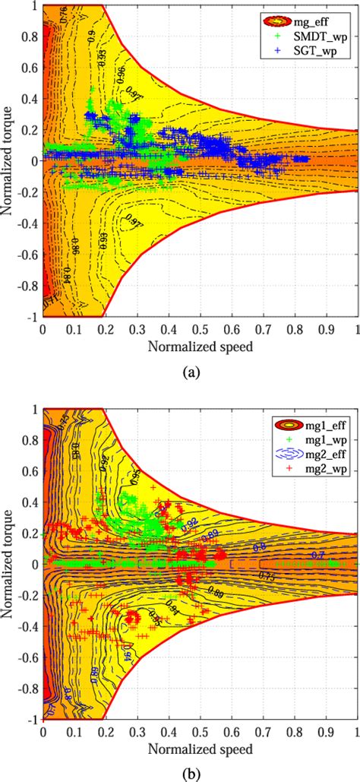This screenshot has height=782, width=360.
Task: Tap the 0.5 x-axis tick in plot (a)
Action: click(200, 331)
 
